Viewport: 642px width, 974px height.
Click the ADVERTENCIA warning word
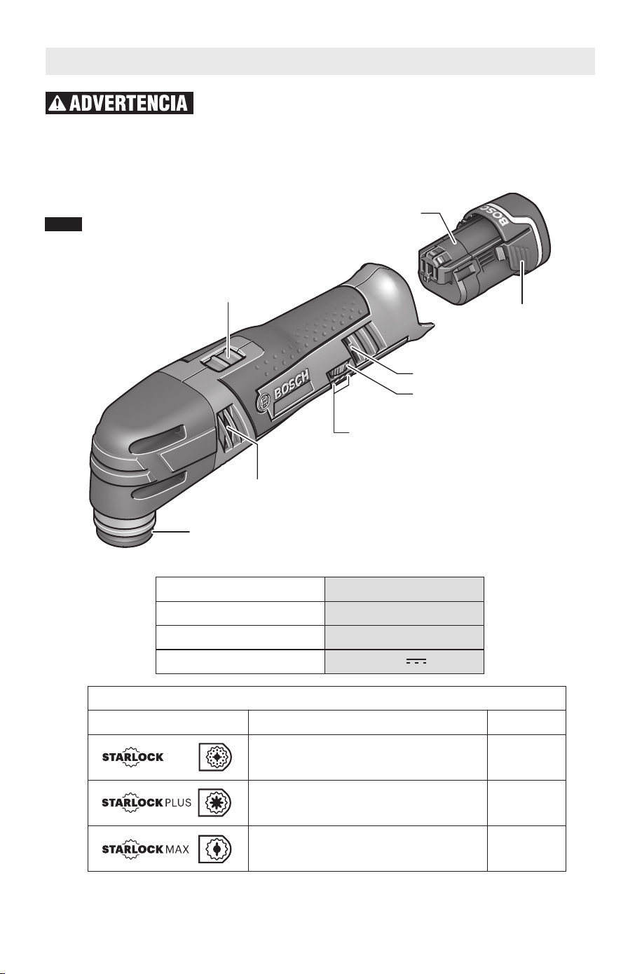128,103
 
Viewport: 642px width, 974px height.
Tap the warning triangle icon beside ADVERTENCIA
57,104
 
